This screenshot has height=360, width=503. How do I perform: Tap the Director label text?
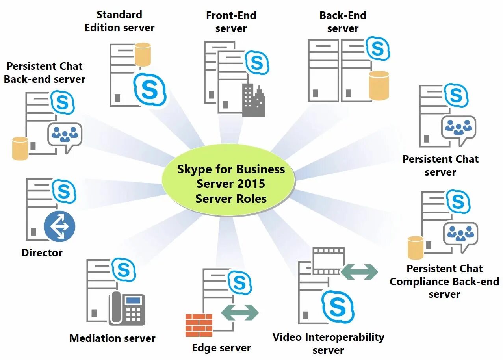(x=42, y=253)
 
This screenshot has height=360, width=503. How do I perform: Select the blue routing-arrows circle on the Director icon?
(x=59, y=226)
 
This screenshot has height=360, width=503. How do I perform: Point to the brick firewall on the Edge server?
(x=199, y=325)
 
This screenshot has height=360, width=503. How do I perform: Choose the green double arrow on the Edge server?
(x=240, y=313)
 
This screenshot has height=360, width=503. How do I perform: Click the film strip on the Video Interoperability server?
(x=328, y=261)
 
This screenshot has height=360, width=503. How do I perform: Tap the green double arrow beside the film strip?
(x=359, y=272)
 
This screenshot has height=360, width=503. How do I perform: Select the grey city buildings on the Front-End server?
(x=253, y=101)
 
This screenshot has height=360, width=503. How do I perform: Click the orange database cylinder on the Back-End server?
(x=379, y=85)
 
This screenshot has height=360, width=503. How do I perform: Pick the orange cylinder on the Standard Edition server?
(x=143, y=54)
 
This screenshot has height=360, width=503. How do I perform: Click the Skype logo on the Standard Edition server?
(x=150, y=90)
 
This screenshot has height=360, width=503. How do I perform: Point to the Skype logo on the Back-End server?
(x=378, y=48)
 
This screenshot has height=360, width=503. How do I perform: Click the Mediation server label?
(x=112, y=338)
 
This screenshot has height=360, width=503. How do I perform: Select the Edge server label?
(x=221, y=348)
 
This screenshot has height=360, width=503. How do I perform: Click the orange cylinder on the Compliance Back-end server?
(x=416, y=248)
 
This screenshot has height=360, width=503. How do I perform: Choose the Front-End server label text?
(x=231, y=22)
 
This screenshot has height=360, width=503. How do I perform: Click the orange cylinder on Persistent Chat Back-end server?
(x=20, y=148)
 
